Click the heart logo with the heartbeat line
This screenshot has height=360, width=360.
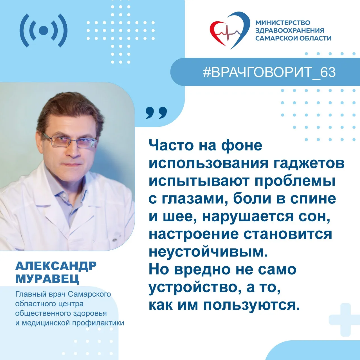point(229,30)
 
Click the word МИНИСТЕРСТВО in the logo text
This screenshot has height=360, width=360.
point(283,23)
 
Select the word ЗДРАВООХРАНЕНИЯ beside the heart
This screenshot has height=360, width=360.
point(290,30)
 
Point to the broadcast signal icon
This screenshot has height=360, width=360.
point(44,30)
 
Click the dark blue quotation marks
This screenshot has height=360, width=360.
point(156,113)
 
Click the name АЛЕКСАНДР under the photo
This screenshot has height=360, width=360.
point(56,266)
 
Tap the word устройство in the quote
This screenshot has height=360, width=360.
point(194,288)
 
